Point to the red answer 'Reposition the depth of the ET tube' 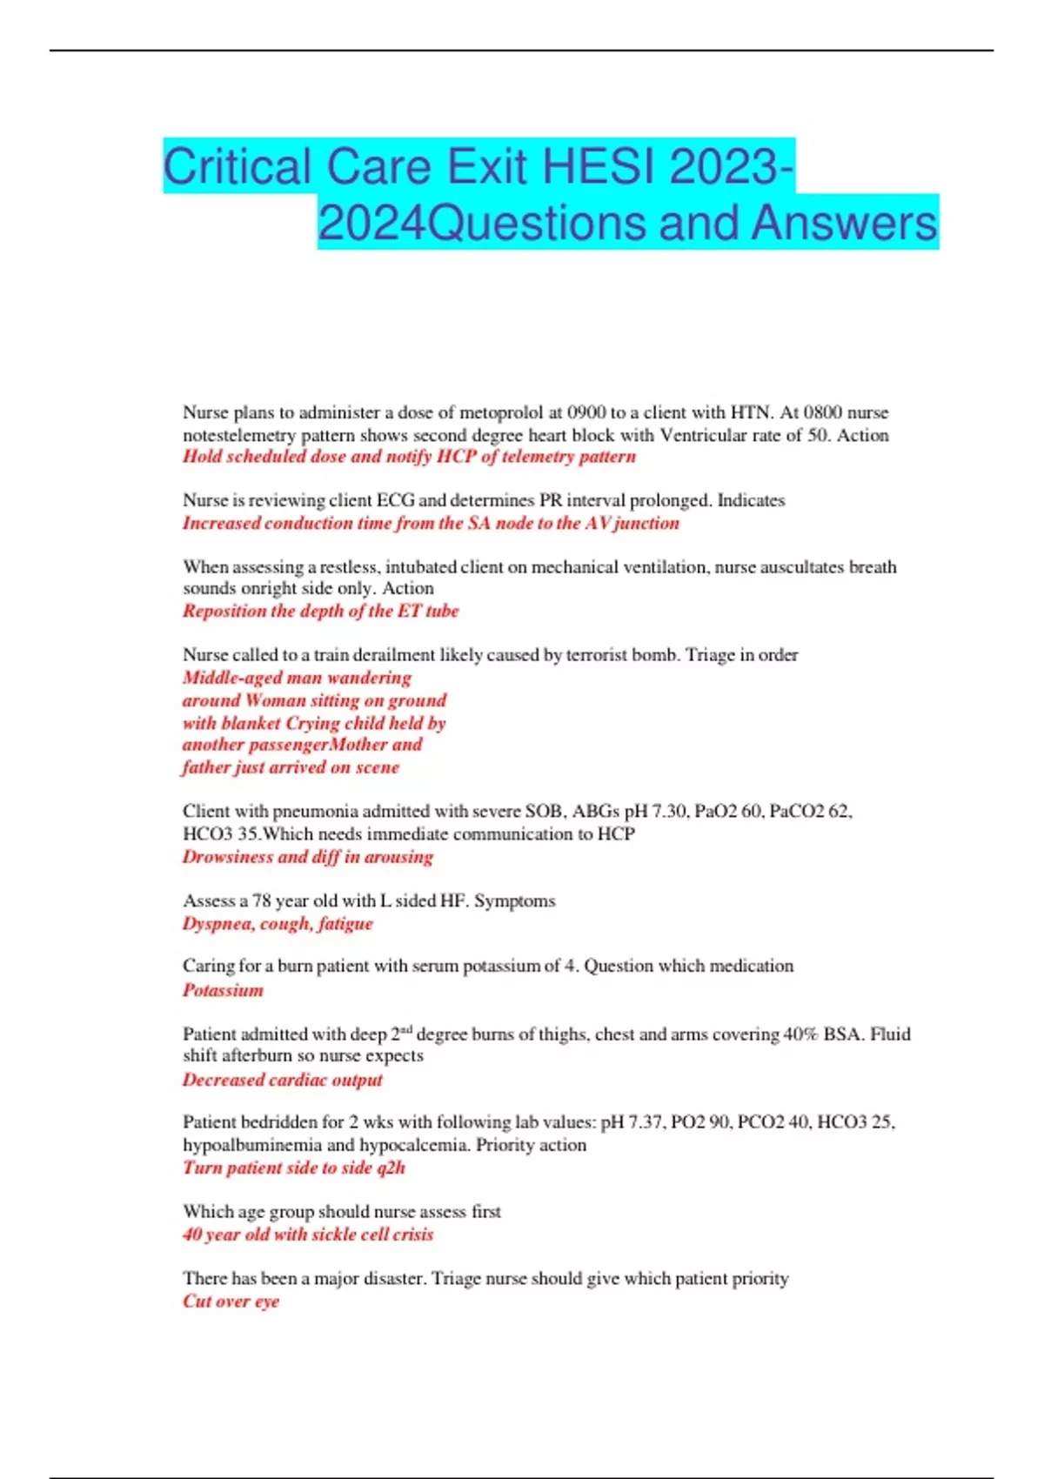pyautogui.click(x=320, y=611)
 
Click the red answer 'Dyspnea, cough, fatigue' pyautogui.click(x=278, y=923)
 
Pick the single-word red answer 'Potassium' pyautogui.click(x=223, y=990)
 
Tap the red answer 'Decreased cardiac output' pyautogui.click(x=282, y=1080)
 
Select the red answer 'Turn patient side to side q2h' pyautogui.click(x=293, y=1168)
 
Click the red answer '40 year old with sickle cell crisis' pyautogui.click(x=307, y=1234)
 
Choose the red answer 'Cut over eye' pyautogui.click(x=231, y=1301)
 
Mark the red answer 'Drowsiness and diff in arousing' pyautogui.click(x=307, y=856)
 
